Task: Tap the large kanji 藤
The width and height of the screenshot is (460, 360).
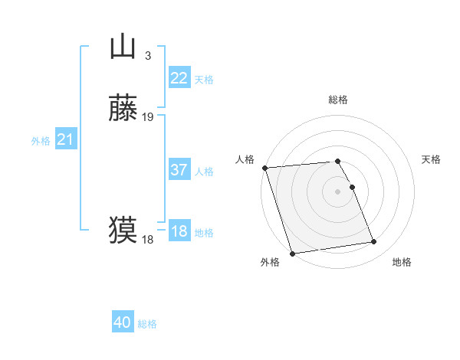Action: pyautogui.click(x=123, y=109)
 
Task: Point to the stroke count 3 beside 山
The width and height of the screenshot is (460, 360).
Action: pyautogui.click(x=147, y=56)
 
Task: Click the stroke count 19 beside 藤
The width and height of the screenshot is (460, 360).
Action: pyautogui.click(x=148, y=117)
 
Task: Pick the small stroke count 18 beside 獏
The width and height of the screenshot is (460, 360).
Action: pyautogui.click(x=147, y=240)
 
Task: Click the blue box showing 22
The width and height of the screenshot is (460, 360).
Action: pyautogui.click(x=179, y=78)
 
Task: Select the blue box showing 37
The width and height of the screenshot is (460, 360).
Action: pyautogui.click(x=179, y=170)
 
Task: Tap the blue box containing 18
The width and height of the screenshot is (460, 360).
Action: pyautogui.click(x=179, y=231)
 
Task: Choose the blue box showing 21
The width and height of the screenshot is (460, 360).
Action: pyautogui.click(x=65, y=139)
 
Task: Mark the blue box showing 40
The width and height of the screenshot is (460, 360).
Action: pyautogui.click(x=123, y=323)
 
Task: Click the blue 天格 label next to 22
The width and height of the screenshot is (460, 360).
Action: pyautogui.click(x=204, y=80)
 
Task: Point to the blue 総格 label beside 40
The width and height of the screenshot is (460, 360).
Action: pyautogui.click(x=147, y=325)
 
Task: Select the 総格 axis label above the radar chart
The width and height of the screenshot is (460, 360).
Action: pyautogui.click(x=338, y=100)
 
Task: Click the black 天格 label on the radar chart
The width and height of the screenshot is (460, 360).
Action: pyautogui.click(x=431, y=159)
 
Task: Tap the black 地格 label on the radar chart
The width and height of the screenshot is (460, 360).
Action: pyautogui.click(x=402, y=263)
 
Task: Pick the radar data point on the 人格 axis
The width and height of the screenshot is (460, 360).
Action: pyautogui.click(x=264, y=168)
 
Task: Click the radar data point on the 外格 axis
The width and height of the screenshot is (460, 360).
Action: pyautogui.click(x=292, y=253)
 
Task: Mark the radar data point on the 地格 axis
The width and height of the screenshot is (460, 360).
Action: pyautogui.click(x=373, y=242)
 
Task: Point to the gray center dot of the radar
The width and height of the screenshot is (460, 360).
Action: pyautogui.click(x=338, y=191)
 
